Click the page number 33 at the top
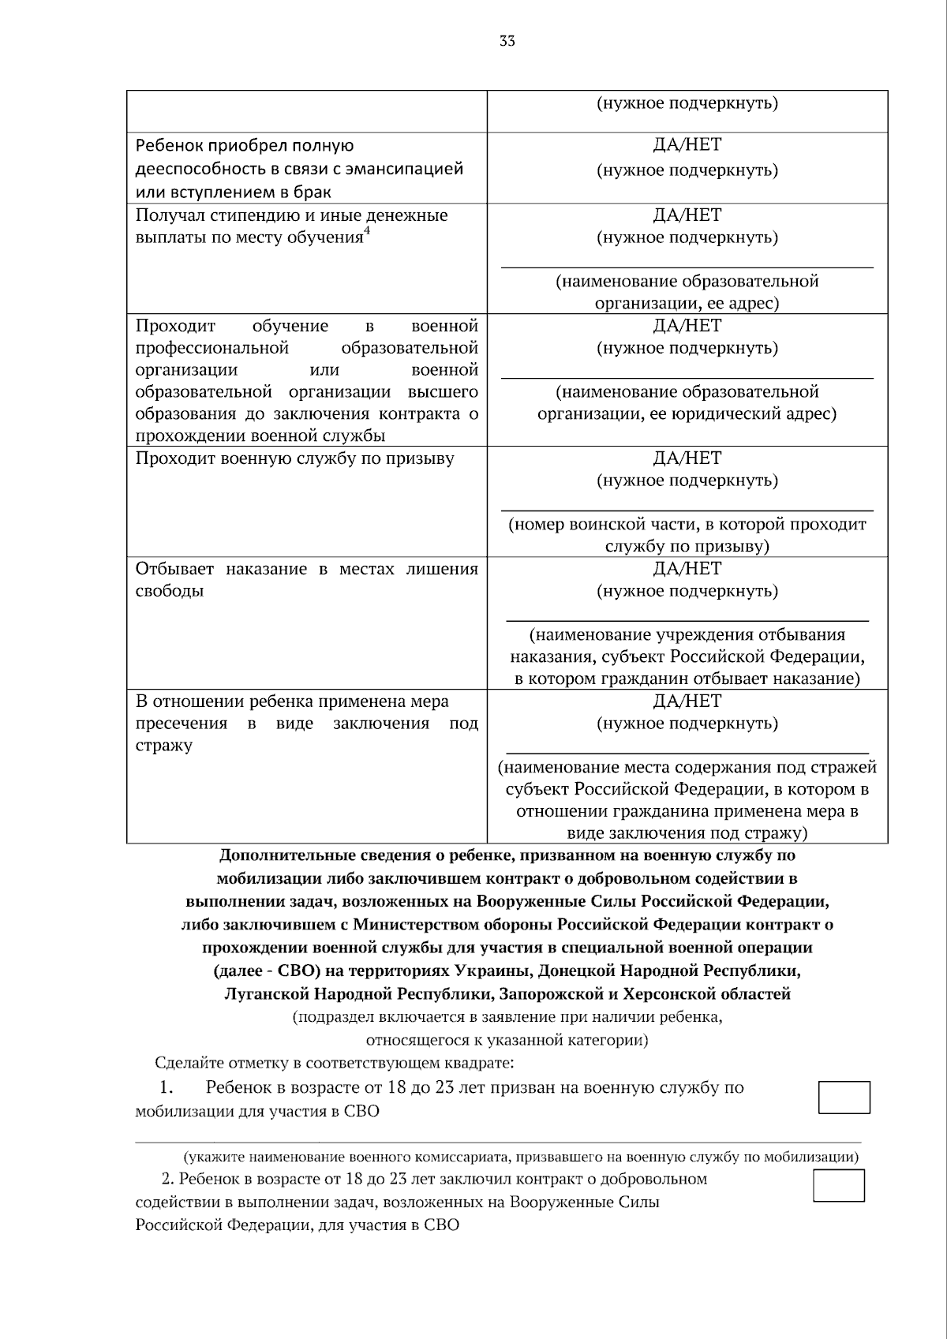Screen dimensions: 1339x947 point(507,41)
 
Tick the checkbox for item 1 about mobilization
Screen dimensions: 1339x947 point(844,1098)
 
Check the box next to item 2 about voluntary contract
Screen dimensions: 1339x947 point(839,1186)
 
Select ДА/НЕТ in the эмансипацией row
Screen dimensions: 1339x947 point(687,145)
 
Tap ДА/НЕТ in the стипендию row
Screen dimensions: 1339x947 point(687,215)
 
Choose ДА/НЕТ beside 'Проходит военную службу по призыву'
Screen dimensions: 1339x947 point(687,458)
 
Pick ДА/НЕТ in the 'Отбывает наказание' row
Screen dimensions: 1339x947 point(687,569)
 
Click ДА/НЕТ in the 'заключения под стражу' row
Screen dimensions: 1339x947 point(687,701)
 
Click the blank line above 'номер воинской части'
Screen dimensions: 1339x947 point(687,510)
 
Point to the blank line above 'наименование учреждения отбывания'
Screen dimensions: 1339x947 point(687,620)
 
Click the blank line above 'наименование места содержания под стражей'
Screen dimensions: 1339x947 point(687,753)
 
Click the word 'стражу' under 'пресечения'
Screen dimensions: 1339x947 point(164,746)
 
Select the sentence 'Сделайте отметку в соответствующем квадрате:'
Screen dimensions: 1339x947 point(335,1063)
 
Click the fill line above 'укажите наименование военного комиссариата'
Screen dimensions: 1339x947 point(497,1141)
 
